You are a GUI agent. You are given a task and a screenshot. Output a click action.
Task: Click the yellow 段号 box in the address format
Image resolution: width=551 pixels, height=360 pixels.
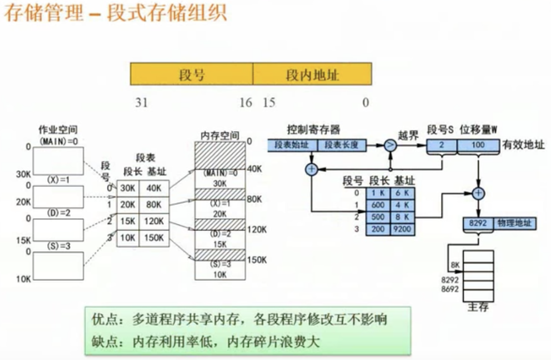(x=192, y=74)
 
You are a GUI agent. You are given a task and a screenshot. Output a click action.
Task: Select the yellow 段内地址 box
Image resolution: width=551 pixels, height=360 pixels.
(x=312, y=74)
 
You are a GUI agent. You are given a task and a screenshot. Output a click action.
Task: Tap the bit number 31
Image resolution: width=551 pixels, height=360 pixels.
(x=141, y=103)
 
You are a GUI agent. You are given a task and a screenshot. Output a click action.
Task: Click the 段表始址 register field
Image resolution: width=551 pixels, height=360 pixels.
(x=292, y=145)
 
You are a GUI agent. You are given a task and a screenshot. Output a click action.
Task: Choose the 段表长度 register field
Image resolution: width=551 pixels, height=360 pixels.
(x=341, y=145)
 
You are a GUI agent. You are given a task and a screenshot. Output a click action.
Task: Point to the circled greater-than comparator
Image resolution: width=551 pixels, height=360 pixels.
(x=390, y=145)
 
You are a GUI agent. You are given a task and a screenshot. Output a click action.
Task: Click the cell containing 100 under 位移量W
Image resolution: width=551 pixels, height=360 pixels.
(x=478, y=145)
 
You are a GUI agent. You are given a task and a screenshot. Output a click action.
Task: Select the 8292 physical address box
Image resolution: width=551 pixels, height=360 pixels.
(x=478, y=223)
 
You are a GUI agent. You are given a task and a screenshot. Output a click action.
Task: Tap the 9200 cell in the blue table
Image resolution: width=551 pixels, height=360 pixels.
(x=402, y=229)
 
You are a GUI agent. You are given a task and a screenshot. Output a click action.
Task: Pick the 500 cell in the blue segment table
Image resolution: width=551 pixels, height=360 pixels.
(x=378, y=217)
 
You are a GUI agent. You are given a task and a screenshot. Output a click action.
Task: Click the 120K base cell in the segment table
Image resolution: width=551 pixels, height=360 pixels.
(x=154, y=221)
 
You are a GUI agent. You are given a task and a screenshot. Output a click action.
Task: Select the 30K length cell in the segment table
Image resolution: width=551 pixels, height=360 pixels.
(x=128, y=188)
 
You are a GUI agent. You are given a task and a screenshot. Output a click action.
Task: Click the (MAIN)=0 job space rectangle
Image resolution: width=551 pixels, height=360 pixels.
(x=58, y=161)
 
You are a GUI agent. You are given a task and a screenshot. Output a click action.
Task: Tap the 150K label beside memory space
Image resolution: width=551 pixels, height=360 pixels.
(x=257, y=260)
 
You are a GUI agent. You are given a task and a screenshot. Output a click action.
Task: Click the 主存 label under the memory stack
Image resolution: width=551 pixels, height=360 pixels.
(x=478, y=307)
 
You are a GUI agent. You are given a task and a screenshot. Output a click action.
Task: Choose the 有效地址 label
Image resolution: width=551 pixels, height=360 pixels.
(x=523, y=145)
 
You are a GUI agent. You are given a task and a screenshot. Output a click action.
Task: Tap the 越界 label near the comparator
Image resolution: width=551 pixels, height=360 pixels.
(x=408, y=135)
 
